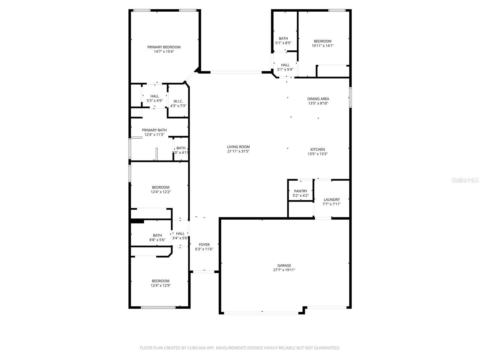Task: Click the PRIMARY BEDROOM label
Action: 164,47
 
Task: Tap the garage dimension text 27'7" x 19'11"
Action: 284,270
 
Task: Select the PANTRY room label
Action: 301,191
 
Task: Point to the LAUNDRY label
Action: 331,199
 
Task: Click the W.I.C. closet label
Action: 178,101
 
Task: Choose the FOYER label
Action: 204,244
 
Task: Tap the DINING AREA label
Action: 318,99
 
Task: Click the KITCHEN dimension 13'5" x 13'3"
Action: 317,154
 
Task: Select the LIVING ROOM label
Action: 238,147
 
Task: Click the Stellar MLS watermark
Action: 465,180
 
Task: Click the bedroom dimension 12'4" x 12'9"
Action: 160,286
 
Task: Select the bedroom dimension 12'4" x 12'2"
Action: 160,192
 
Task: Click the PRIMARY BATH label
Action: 154,130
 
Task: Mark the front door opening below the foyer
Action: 204,272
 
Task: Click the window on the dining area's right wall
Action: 350,97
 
